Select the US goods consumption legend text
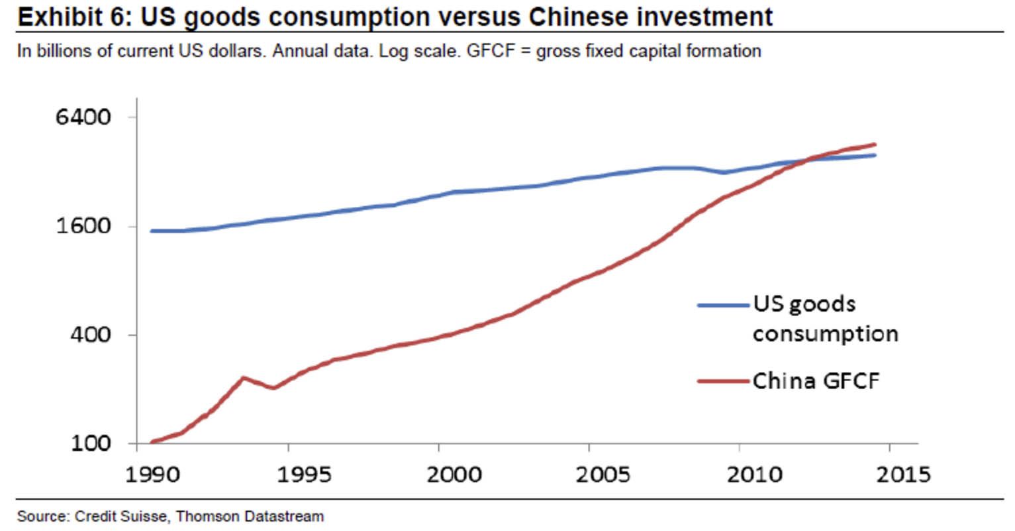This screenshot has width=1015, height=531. [x=824, y=319]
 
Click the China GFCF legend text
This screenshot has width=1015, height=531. [x=816, y=381]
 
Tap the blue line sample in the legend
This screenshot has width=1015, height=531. [x=724, y=305]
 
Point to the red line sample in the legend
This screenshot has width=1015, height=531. [x=724, y=381]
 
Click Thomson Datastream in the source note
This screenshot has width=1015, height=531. [x=250, y=516]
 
